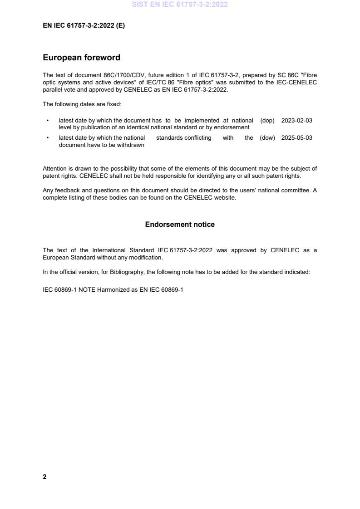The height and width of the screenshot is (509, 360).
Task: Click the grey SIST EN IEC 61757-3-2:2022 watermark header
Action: (x=180, y=5)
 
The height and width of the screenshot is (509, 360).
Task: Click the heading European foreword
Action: (x=81, y=58)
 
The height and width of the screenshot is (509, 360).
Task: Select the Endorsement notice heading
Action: (x=180, y=225)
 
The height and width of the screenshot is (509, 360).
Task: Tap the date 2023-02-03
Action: (x=296, y=121)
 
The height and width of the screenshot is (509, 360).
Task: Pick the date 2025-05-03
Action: (x=296, y=138)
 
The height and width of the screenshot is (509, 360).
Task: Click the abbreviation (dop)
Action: (x=267, y=121)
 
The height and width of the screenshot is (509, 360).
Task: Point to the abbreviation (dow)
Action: (x=267, y=138)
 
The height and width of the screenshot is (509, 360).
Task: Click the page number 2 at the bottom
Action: (x=44, y=477)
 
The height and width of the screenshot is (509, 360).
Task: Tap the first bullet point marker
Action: (x=48, y=121)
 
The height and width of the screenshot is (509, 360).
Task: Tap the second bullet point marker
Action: (x=48, y=138)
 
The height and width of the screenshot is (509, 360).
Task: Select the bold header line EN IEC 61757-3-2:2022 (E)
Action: (x=84, y=26)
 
